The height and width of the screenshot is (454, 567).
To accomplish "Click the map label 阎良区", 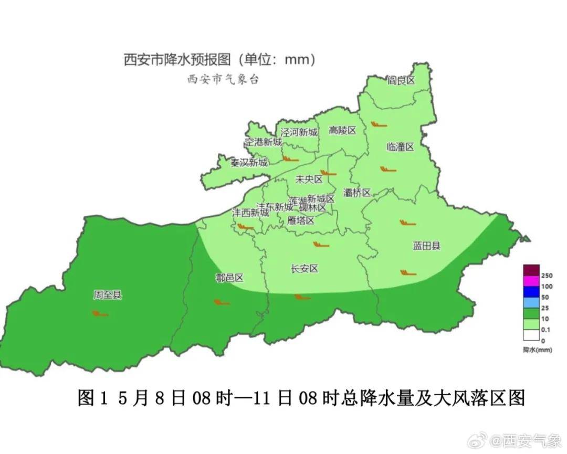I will click(x=401, y=80).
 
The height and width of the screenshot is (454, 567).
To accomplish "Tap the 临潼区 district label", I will click(x=400, y=146).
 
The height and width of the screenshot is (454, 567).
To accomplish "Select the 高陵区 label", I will click(x=342, y=130).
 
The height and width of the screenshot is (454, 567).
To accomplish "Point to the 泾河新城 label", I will click(x=299, y=132).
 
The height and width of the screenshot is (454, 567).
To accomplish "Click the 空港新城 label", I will click(x=264, y=142).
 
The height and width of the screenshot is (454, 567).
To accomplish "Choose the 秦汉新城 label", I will click(x=249, y=162).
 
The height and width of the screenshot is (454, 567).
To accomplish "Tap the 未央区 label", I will click(x=309, y=179).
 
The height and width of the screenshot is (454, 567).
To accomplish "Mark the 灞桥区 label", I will click(x=357, y=192).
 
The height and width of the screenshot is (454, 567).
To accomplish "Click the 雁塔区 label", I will click(x=301, y=220).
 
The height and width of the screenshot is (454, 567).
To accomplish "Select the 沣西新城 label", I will click(x=250, y=213).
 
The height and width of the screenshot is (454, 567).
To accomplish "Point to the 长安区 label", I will click(x=304, y=269).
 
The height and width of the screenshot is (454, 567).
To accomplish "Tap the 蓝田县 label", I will click(x=426, y=245).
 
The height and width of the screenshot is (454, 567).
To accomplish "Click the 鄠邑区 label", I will click(x=230, y=278).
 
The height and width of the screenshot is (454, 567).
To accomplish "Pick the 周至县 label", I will click(x=107, y=295).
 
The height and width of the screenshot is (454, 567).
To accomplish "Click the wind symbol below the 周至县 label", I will click(x=100, y=314).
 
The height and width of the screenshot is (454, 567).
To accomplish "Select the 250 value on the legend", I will click(x=545, y=276).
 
